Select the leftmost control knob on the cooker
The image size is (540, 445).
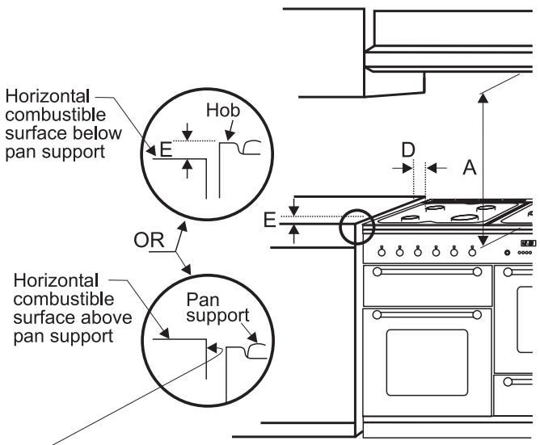point(378,250)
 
